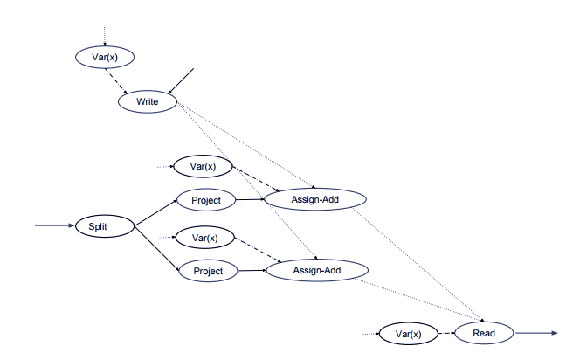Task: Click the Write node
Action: (148, 102)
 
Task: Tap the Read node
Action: (484, 333)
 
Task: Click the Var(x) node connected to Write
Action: (105, 58)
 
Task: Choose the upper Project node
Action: (206, 200)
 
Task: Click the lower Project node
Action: (208, 271)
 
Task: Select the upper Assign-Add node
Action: (314, 199)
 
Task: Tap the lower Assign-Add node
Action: (314, 271)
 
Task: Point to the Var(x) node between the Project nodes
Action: (204, 237)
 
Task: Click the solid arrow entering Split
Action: (55, 226)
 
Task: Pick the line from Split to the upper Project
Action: (155, 212)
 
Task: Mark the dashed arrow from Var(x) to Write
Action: (117, 80)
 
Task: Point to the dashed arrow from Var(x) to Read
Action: (445, 333)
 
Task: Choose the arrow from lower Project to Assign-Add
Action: (252, 271)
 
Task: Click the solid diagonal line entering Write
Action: (181, 80)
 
